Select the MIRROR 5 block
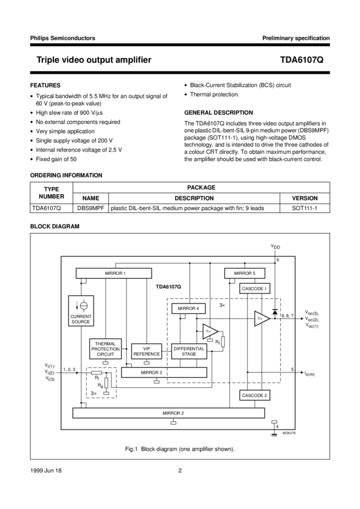244,273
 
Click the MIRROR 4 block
189,308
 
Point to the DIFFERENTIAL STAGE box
189,351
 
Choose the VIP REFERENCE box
146,351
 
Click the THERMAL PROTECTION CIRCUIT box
105,349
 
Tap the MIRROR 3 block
150,372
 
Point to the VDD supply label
275,246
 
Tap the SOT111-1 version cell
304,208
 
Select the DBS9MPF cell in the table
91,208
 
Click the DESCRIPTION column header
194,198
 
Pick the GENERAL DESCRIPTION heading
219,113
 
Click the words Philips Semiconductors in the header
62,38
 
